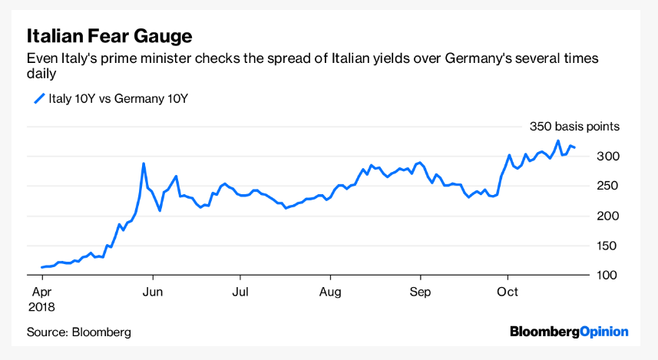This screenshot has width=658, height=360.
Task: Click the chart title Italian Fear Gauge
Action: [x=109, y=36]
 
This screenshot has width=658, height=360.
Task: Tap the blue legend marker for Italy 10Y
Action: [x=38, y=98]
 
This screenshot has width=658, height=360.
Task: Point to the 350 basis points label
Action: [x=574, y=127]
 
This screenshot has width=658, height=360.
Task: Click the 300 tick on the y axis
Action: [x=609, y=157]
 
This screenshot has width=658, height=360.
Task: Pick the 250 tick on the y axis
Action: [x=609, y=186]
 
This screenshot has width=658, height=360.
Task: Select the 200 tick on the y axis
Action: [x=609, y=216]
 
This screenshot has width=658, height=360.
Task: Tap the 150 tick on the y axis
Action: [x=609, y=246]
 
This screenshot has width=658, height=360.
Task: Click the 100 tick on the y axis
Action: [x=609, y=275]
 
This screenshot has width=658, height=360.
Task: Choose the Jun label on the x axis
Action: [x=154, y=292]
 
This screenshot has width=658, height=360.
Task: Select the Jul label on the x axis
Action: [x=240, y=292]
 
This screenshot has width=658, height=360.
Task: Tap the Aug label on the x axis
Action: [x=330, y=292]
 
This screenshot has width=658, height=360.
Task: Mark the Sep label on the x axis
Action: [x=420, y=292]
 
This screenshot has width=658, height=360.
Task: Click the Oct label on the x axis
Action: [x=508, y=292]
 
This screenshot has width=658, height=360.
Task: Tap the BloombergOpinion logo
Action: [x=569, y=332]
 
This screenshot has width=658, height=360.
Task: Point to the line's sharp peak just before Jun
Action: [x=144, y=163]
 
